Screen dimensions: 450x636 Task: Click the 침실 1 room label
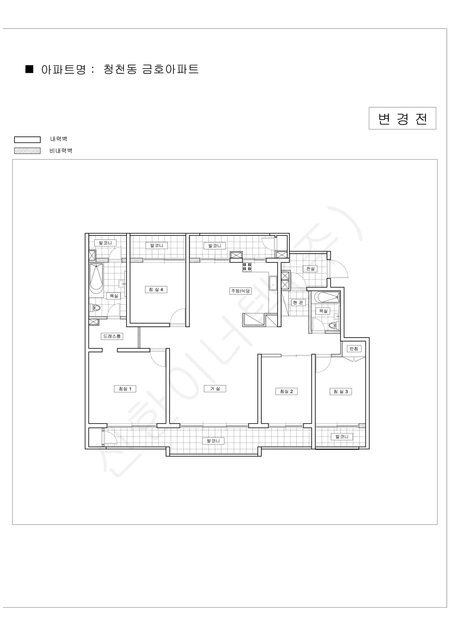pyautogui.click(x=125, y=389)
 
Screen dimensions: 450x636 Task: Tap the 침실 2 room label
pyautogui.click(x=286, y=391)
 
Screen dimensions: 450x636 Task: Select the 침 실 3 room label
pyautogui.click(x=341, y=392)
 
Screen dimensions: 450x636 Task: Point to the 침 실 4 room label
pyautogui.click(x=156, y=290)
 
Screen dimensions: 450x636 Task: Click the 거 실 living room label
pyautogui.click(x=215, y=389)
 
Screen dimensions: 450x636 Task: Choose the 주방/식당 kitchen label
pyautogui.click(x=241, y=291)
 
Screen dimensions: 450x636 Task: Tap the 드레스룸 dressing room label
pyautogui.click(x=112, y=336)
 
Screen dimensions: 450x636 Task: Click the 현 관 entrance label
pyautogui.click(x=298, y=302)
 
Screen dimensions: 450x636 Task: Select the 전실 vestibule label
pyautogui.click(x=310, y=269)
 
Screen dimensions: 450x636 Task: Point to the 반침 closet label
pyautogui.click(x=354, y=348)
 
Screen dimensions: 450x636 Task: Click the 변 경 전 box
pyautogui.click(x=402, y=118)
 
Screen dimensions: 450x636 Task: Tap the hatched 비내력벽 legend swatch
pyautogui.click(x=28, y=151)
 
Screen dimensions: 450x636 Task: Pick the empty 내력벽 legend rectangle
pyautogui.click(x=28, y=140)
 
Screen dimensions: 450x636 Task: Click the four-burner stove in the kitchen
pyautogui.click(x=247, y=267)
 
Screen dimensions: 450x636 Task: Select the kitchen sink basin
pyautogui.click(x=273, y=283)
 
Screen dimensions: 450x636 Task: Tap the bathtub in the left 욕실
pyautogui.click(x=96, y=280)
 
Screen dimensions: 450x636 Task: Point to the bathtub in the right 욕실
pyautogui.click(x=327, y=297)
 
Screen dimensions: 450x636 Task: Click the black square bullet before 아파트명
pyautogui.click(x=29, y=69)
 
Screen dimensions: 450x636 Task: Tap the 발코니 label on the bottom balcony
pyautogui.click(x=213, y=441)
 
